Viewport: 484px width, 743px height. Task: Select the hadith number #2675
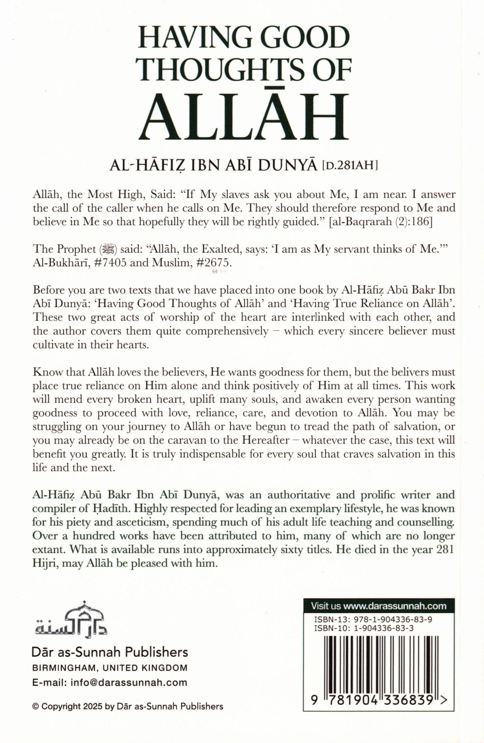pos(214,263)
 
